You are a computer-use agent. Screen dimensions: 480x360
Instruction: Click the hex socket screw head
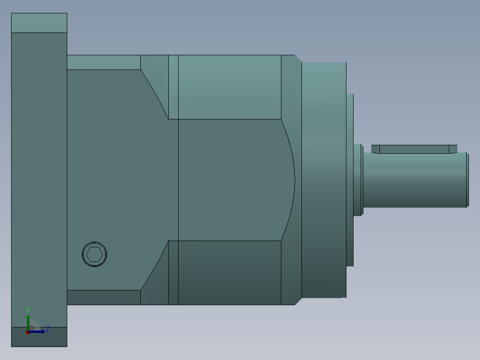coord(94,254)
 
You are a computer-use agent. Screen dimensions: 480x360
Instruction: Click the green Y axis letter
coord(28,310)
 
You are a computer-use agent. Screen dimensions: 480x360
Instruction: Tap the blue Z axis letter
coord(48,329)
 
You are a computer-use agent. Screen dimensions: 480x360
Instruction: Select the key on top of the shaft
coord(414,149)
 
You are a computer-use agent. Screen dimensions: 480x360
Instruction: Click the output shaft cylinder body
coord(415,180)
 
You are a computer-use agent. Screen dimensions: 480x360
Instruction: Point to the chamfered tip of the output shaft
coord(468,180)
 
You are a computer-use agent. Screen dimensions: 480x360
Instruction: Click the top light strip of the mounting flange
coord(39,23)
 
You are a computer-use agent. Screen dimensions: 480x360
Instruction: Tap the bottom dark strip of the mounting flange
coord(39,337)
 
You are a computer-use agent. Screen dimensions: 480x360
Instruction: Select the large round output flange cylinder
coord(324,180)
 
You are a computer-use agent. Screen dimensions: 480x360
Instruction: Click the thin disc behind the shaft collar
coord(350,180)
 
